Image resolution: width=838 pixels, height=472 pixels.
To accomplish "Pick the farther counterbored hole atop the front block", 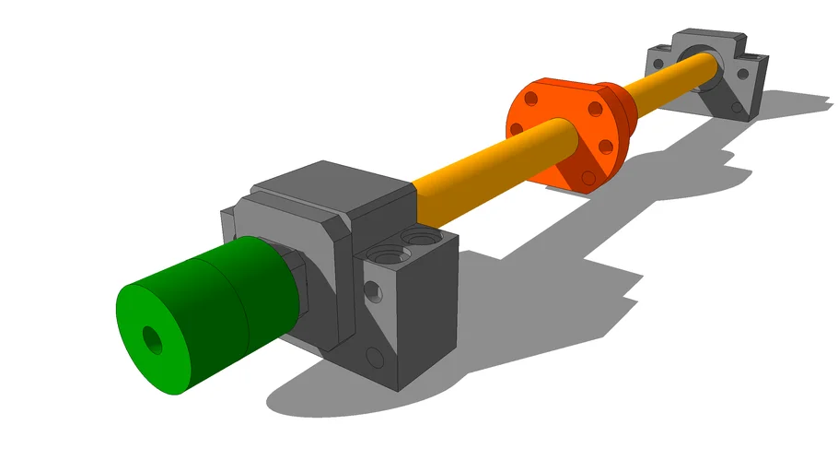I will tap(421, 239).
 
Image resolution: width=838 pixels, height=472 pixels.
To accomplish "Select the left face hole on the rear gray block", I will tap(657, 62).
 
